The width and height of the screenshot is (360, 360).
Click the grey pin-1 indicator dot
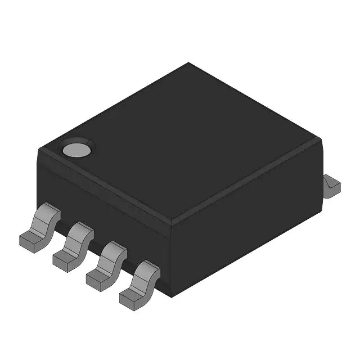[76, 149]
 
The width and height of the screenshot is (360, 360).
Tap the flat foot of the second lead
[65, 258]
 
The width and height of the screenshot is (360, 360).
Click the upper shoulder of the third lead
[115, 248]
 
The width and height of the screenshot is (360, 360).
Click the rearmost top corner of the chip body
[188, 63]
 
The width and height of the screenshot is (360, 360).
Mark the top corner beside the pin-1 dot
[38, 148]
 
